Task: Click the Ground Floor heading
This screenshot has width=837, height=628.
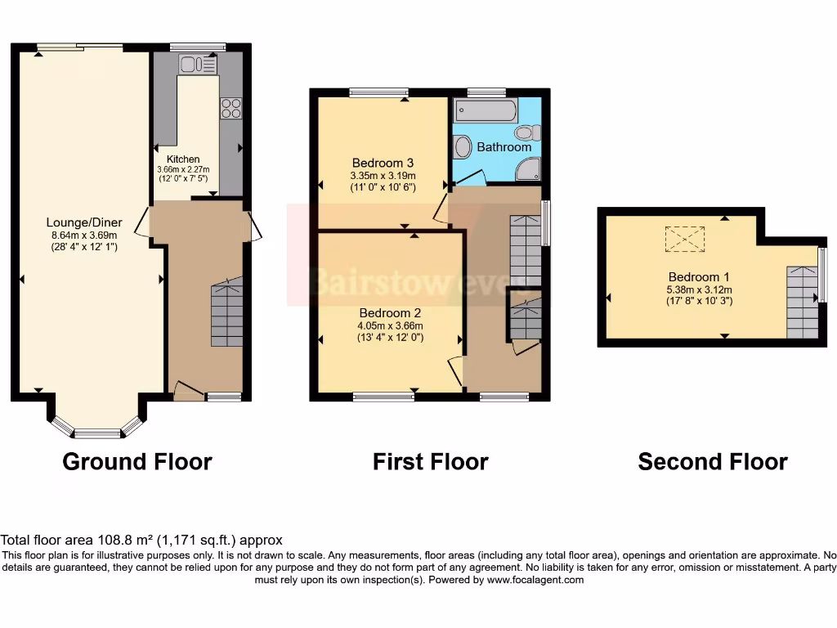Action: [137, 462]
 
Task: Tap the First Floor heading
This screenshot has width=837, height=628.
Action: [430, 462]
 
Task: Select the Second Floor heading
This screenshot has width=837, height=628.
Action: [712, 462]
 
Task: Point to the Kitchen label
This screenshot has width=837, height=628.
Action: [183, 159]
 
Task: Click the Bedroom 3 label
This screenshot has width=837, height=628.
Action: [383, 163]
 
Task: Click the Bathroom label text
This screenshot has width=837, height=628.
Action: [504, 147]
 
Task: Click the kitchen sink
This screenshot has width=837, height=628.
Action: [196, 64]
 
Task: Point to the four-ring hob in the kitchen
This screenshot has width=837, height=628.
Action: [231, 108]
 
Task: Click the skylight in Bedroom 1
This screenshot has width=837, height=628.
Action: [684, 239]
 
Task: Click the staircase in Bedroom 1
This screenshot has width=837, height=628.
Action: [802, 302]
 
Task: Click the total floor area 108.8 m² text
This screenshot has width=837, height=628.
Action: [141, 540]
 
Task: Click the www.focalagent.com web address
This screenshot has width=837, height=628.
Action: [535, 580]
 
